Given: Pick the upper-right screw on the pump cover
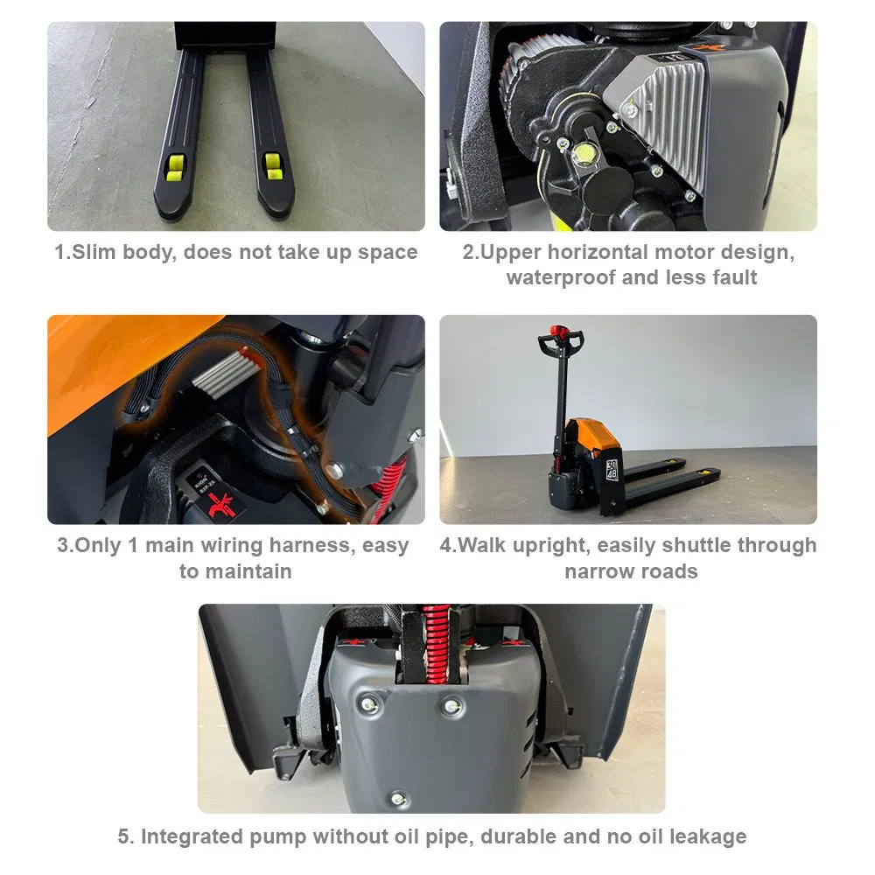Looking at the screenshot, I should (451, 704).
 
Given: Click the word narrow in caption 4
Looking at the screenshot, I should (598, 572).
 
